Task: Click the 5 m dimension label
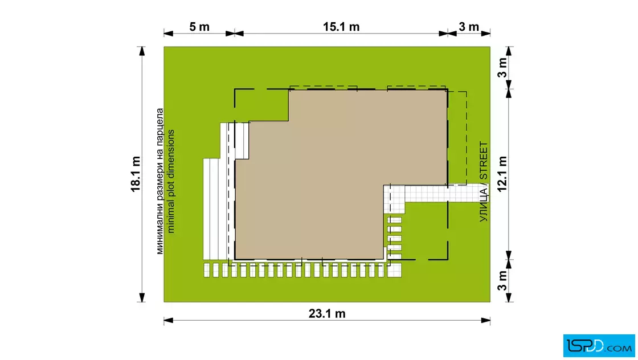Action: tap(199, 27)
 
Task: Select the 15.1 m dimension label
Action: tap(341, 27)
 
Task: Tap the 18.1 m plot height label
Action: tap(136, 174)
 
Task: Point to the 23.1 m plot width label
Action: tap(327, 314)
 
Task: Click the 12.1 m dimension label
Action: tap(502, 174)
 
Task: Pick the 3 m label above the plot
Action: tap(469, 27)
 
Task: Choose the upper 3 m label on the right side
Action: tap(502, 68)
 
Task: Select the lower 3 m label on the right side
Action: tap(502, 281)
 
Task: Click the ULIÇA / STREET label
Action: tap(484, 181)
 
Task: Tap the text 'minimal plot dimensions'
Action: tap(171, 181)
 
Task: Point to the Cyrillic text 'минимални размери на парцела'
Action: tap(160, 181)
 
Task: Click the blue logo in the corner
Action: tap(599, 346)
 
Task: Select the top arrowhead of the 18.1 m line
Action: tap(142, 51)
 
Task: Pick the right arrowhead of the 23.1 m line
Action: tap(485, 321)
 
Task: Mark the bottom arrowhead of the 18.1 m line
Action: tap(142, 297)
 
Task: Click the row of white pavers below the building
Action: tap(302, 270)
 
